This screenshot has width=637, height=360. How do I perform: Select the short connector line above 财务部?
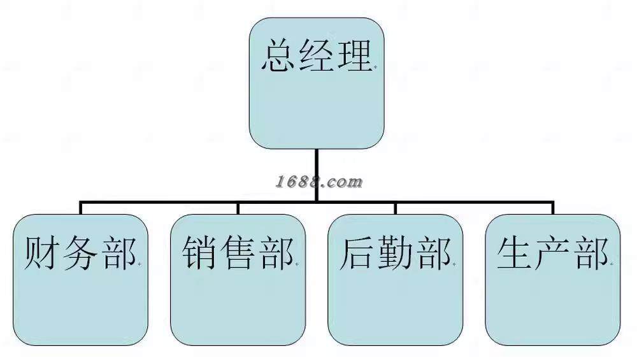[81, 208]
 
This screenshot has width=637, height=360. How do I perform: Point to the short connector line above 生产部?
[552, 208]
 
